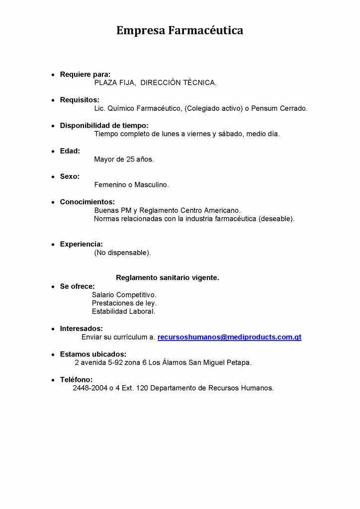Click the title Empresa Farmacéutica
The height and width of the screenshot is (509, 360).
180,31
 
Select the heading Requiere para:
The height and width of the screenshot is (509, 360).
85,75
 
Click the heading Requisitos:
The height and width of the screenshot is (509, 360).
80,100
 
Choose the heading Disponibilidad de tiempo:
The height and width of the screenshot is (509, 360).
104,125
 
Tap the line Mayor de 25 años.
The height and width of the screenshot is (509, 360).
124,160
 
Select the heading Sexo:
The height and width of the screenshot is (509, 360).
70,176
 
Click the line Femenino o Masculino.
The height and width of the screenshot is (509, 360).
131,185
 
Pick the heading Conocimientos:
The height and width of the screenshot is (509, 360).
87,202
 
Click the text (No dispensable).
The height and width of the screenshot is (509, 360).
122,253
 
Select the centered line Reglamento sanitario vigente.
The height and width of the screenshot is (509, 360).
167,278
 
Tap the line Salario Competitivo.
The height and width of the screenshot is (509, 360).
124,295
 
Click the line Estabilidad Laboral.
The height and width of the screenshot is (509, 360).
123,312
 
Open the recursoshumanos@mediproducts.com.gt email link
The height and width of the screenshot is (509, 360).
229,337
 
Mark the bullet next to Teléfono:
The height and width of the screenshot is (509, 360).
53,380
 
